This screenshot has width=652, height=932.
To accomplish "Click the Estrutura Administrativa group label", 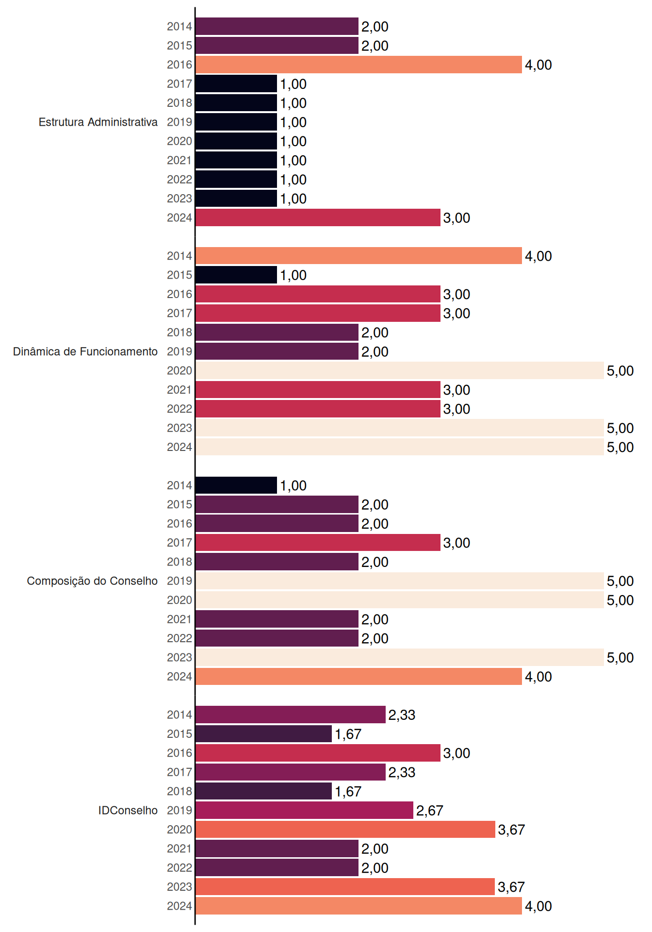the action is click(x=98, y=122).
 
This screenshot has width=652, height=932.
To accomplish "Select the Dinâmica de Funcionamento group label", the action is click(x=85, y=351).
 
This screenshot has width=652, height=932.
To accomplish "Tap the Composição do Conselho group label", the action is click(x=92, y=581).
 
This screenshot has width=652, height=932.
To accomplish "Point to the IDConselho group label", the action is click(x=128, y=810).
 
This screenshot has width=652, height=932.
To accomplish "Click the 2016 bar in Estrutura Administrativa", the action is click(x=359, y=65).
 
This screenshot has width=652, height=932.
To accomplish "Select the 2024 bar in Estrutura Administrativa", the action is click(x=318, y=217).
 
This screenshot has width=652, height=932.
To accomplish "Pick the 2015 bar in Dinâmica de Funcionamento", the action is click(x=236, y=275).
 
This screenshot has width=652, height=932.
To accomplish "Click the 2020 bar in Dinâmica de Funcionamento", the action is click(x=400, y=370).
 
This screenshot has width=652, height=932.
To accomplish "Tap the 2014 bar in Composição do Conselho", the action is click(x=236, y=485).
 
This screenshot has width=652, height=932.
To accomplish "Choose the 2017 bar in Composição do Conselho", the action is click(x=318, y=543).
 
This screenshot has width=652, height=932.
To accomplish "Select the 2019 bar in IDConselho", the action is click(x=305, y=810).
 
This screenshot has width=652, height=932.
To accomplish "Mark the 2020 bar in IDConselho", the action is click(x=345, y=829).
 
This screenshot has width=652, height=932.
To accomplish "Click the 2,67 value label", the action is click(x=430, y=811).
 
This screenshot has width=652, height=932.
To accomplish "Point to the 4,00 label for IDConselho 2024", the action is click(x=538, y=906).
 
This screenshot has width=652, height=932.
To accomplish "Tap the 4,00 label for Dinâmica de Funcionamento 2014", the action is click(x=538, y=256).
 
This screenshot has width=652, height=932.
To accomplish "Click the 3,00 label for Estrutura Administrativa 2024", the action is click(x=456, y=218).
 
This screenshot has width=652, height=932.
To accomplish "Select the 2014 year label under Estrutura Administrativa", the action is click(x=179, y=27).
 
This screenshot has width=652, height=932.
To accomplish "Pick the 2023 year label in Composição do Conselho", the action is click(x=179, y=657).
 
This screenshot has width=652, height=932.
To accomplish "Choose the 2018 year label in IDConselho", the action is click(x=179, y=791).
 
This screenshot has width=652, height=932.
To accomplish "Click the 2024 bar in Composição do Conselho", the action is click(x=359, y=676).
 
